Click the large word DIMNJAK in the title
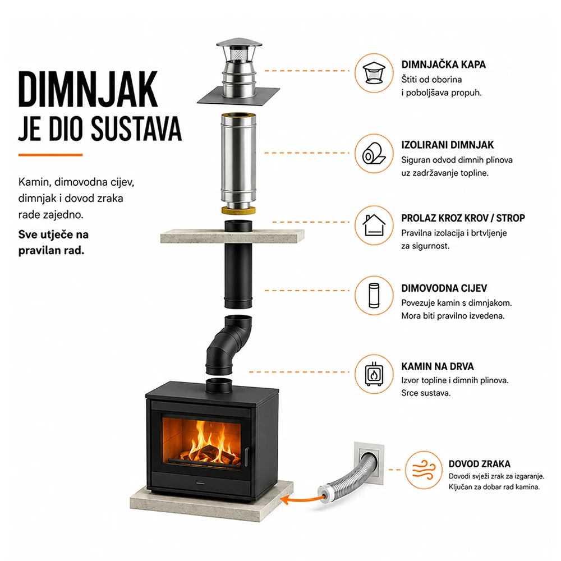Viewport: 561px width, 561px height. point(88,89)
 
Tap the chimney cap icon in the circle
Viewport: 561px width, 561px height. point(374,73)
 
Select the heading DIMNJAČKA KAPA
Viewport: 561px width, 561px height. point(443,65)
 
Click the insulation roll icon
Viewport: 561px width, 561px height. point(374,154)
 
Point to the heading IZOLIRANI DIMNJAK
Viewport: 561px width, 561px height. point(447,145)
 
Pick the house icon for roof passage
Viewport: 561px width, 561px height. point(374,225)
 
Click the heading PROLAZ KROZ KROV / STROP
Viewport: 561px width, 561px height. point(463,218)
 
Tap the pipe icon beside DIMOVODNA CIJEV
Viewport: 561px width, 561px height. point(374,296)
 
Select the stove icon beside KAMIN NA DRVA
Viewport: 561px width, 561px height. point(374,374)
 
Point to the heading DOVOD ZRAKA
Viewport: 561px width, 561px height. point(480,464)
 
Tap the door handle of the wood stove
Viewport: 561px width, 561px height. point(246,457)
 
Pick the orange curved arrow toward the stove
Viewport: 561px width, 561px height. point(301,499)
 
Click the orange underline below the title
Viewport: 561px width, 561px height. point(50,155)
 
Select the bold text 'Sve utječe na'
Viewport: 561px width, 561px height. point(53,234)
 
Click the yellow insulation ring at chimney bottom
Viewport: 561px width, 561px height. point(238,210)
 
